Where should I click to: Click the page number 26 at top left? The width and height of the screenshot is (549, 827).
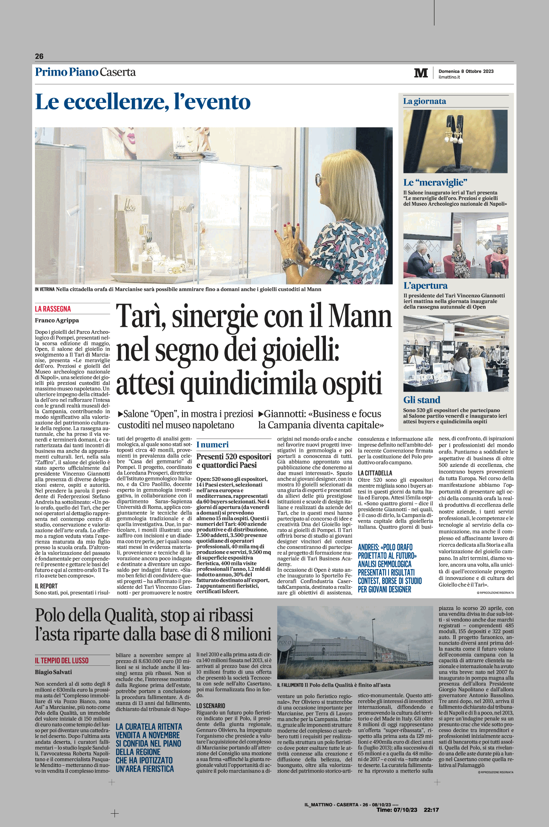39,56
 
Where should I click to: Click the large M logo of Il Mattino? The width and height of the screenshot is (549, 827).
421,73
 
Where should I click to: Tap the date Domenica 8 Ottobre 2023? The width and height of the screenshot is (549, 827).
466,71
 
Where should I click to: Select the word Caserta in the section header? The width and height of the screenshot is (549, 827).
118,72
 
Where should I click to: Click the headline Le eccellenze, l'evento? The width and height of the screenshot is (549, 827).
143,102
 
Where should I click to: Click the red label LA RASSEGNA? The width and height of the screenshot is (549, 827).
53,309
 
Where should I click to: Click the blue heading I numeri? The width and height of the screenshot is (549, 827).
212,444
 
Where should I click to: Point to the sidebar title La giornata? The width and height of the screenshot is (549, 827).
424,101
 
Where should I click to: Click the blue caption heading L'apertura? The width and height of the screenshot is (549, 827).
425,286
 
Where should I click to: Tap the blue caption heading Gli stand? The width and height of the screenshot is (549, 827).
422,400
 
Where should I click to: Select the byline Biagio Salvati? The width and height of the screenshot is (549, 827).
53,672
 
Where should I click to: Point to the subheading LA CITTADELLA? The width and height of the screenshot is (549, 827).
375,473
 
